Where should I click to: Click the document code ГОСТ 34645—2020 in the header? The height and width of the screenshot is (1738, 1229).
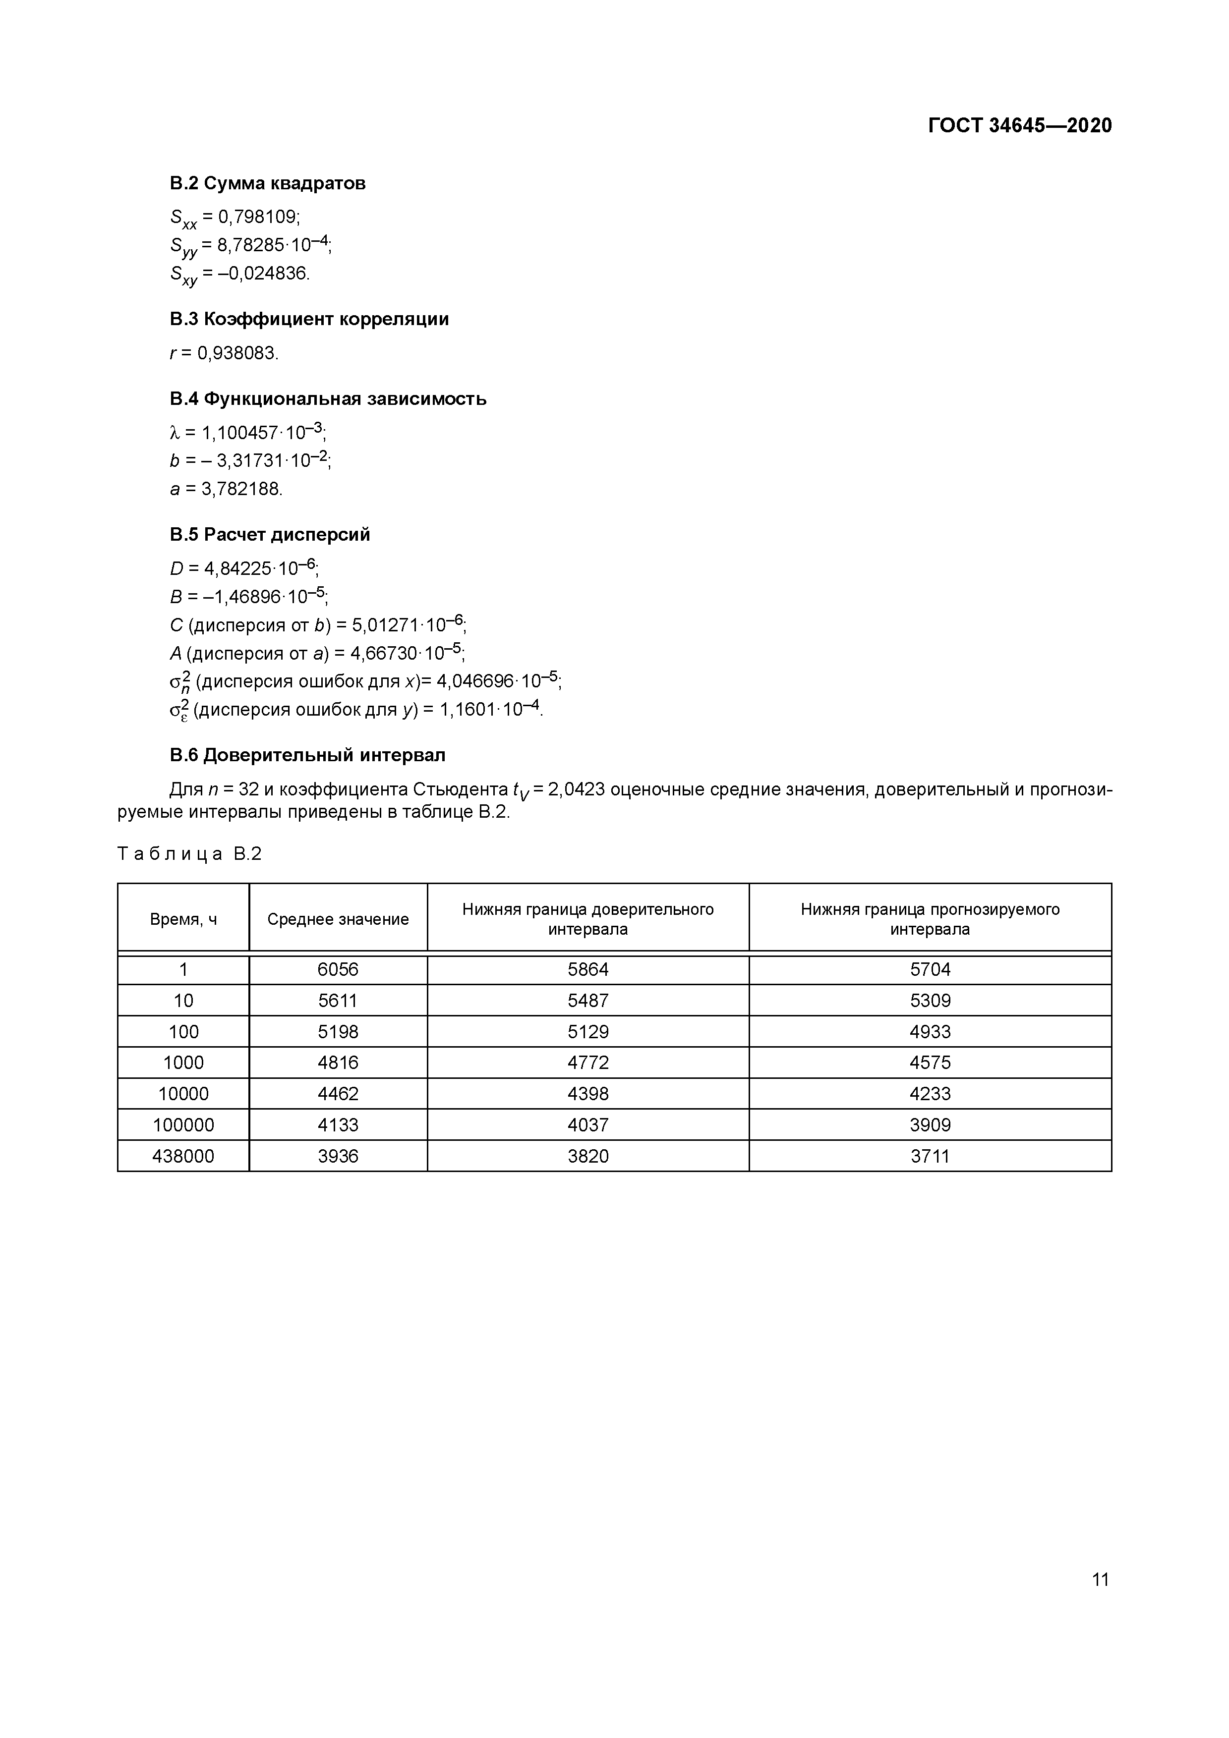[1019, 126]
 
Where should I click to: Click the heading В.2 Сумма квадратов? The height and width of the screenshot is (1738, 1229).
[267, 183]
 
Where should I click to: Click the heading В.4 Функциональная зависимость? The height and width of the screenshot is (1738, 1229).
[327, 399]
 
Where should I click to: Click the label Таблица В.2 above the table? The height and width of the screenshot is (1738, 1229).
[189, 854]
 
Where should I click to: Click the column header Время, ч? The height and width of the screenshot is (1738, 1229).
[183, 919]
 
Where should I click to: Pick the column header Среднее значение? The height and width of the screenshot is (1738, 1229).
[338, 919]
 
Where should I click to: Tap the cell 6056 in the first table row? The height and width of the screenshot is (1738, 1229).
[338, 970]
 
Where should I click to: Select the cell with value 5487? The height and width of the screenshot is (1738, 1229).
[587, 1001]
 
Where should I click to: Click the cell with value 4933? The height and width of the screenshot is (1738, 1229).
[930, 1032]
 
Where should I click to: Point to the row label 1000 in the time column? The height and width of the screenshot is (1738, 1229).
[183, 1063]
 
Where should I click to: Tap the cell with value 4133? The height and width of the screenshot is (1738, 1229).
[338, 1125]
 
